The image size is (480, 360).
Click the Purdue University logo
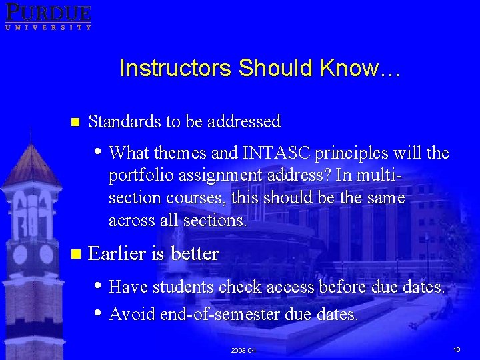click(47, 16)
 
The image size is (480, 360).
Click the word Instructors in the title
click(175, 68)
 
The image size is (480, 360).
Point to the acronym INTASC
click(277, 153)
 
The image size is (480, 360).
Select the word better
click(194, 254)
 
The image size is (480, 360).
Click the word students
click(183, 287)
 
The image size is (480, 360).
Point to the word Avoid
click(131, 313)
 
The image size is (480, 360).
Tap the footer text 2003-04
click(243, 351)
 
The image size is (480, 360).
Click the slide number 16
click(457, 350)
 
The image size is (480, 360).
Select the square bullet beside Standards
click(75, 122)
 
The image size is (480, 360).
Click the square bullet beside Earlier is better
click(75, 254)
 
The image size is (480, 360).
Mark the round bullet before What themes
click(99, 151)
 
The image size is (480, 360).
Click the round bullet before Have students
click(99, 285)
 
